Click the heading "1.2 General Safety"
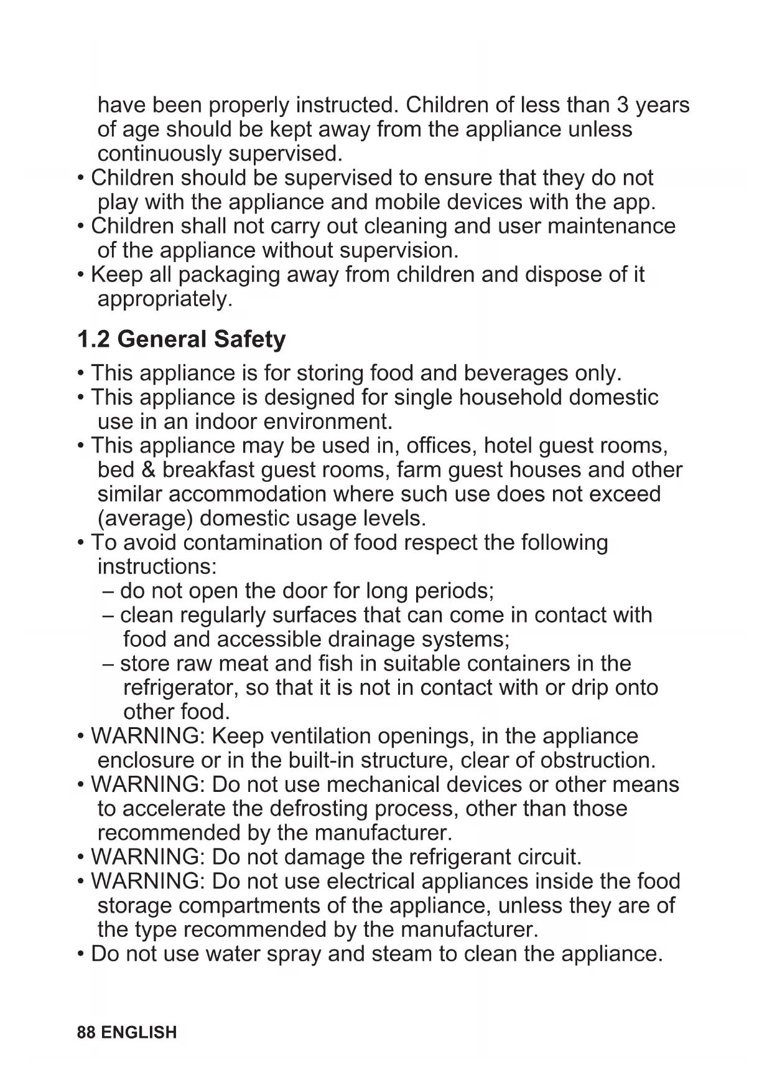181,339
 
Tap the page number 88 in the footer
86,1032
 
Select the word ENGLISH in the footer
139,1032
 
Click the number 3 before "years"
623,105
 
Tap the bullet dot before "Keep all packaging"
81,275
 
